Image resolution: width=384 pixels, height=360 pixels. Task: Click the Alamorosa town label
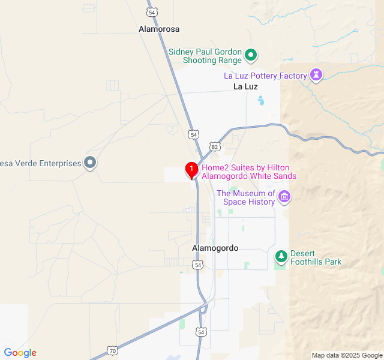click(x=159, y=29)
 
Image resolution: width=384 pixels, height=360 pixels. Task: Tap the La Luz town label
click(x=245, y=86)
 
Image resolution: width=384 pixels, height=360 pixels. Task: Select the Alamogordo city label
click(x=215, y=248)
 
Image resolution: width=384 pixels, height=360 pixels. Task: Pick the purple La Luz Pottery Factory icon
click(x=316, y=76)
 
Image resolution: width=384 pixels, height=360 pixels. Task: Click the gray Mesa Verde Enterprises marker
click(x=90, y=163)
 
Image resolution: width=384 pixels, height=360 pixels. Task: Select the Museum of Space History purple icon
click(x=284, y=197)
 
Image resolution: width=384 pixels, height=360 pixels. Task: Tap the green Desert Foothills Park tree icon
click(x=281, y=257)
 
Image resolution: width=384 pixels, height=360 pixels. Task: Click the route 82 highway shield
click(x=214, y=147)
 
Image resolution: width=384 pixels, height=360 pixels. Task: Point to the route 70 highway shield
click(x=112, y=350)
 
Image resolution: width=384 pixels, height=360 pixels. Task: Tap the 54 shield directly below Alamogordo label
click(x=198, y=265)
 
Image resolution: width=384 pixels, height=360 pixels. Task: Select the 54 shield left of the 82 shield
click(x=193, y=135)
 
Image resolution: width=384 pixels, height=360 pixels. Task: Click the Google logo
click(x=20, y=353)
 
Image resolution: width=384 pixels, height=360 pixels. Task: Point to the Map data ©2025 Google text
click(x=347, y=355)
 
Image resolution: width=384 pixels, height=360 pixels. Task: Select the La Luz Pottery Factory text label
click(x=265, y=76)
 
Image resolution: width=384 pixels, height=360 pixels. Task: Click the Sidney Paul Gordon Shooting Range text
click(x=205, y=56)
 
